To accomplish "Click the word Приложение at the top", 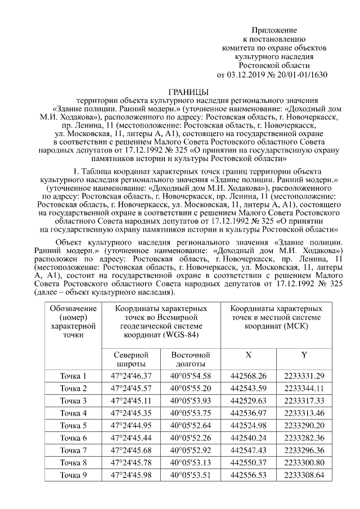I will (x=274, y=30).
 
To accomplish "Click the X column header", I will (x=249, y=355).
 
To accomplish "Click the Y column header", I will (x=304, y=355).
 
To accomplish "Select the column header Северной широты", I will (x=131, y=360).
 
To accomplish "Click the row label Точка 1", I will (x=74, y=376).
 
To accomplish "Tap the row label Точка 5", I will (x=74, y=425).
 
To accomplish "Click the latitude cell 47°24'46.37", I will (x=131, y=376).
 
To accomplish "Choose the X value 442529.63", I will (x=249, y=401).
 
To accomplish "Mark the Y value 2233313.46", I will (x=304, y=413).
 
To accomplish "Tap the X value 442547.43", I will (x=249, y=450).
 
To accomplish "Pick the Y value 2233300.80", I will (x=304, y=462).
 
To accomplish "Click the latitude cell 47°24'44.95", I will (x=131, y=425).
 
